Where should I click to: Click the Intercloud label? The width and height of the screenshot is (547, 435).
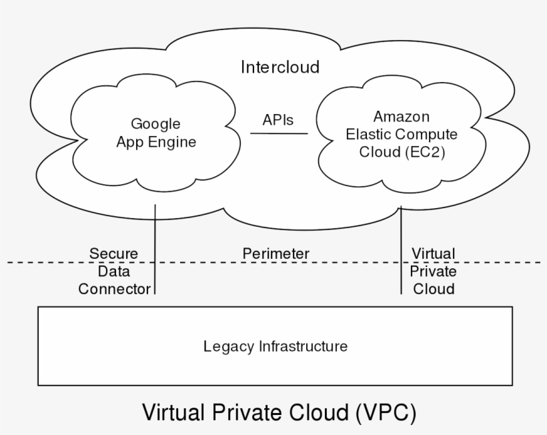coord(280,67)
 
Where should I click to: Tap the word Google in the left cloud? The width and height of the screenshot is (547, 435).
coord(155,123)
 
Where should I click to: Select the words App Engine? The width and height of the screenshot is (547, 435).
coord(156,142)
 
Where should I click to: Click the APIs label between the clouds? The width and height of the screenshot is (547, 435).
coord(278,119)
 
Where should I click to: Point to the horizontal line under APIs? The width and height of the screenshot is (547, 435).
coord(279,134)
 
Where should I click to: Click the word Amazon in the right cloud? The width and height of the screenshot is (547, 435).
coord(401,116)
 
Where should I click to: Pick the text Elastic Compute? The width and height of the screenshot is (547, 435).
coord(402,134)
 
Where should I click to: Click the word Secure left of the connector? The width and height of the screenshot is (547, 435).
coord(113,254)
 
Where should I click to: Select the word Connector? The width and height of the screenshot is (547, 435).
coord(114,289)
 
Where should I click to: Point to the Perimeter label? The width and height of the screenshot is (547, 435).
coord(276,254)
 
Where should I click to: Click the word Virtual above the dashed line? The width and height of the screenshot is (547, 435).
coord(433,254)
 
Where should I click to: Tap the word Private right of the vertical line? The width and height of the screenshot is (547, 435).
coord(433,272)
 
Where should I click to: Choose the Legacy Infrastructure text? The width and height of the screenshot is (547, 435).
coord(276,346)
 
